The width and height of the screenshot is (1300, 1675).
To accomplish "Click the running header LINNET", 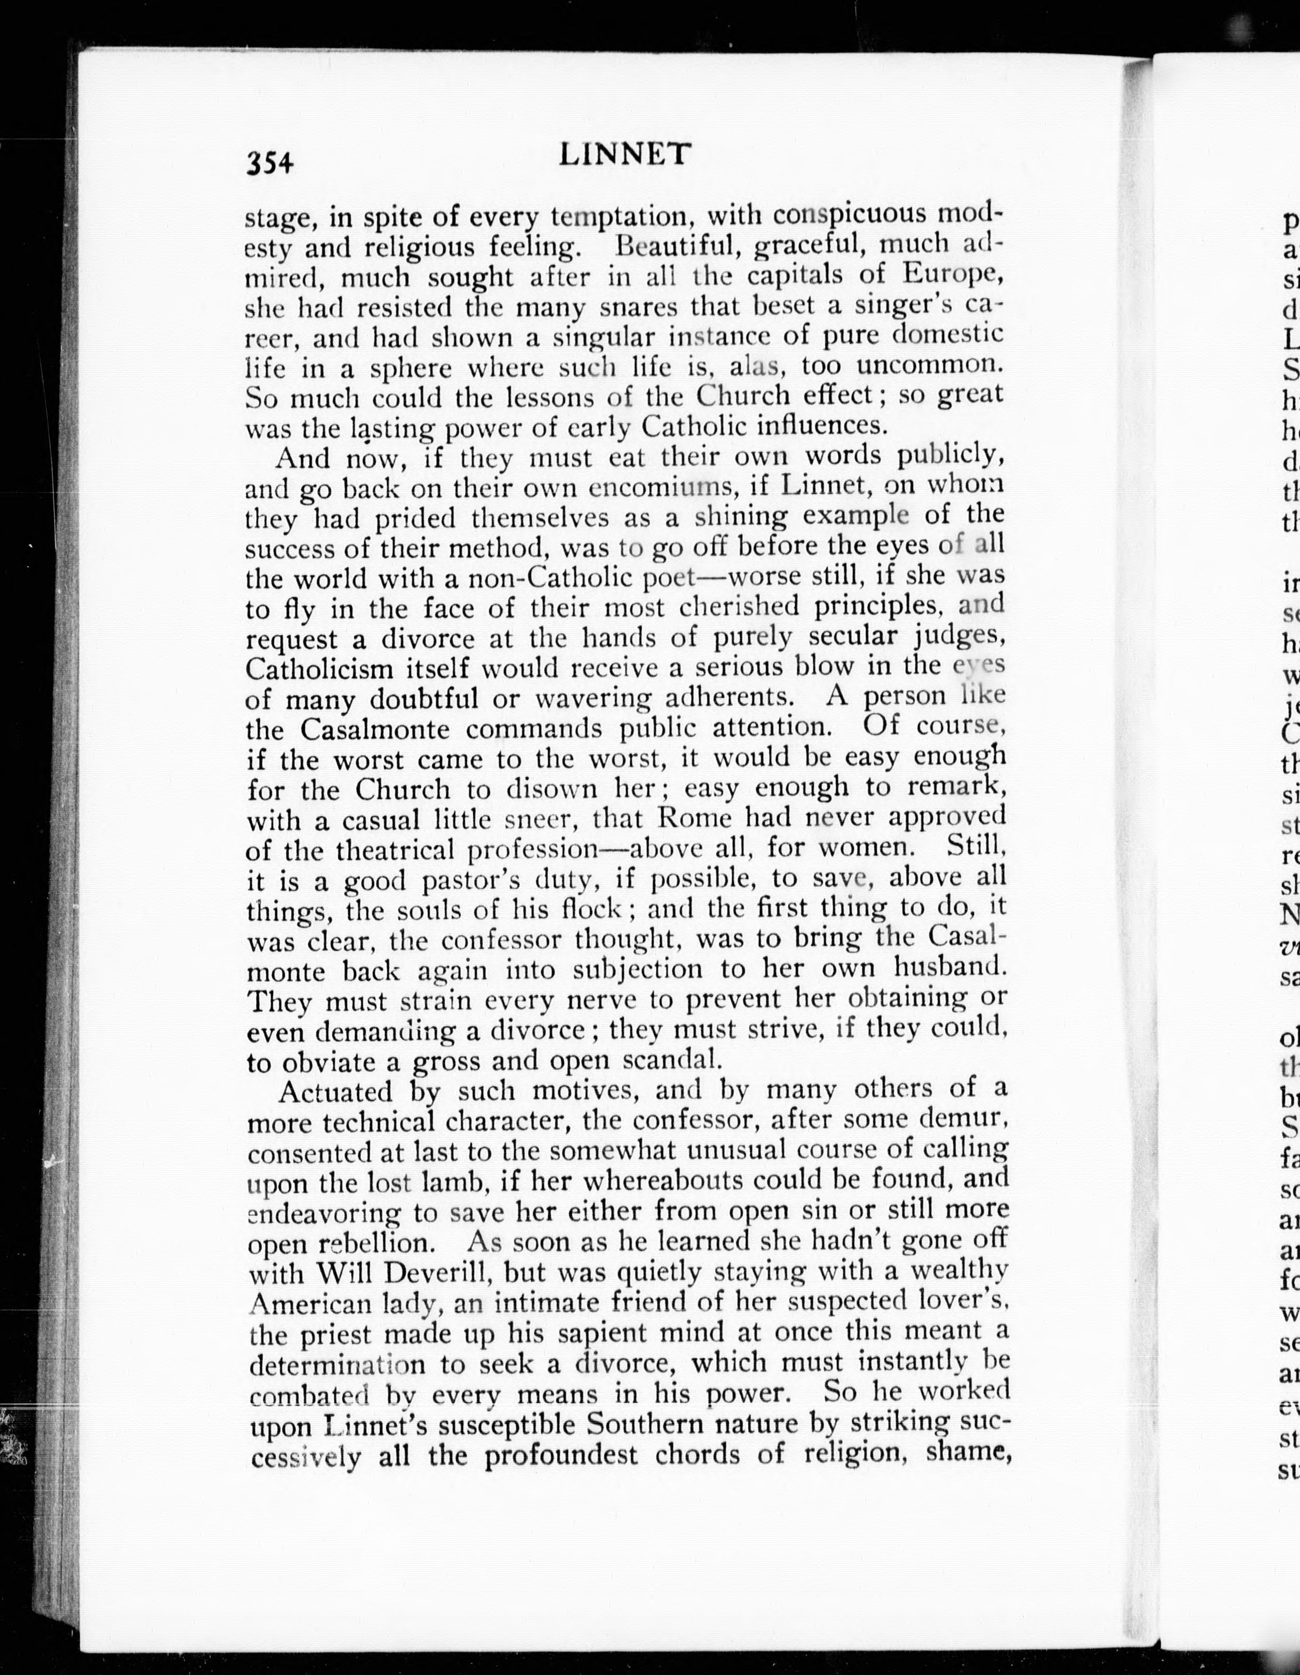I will [x=625, y=155].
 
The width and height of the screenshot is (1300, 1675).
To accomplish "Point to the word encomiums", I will [x=653, y=488].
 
